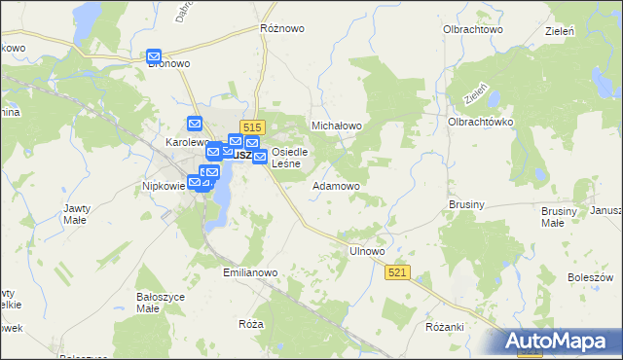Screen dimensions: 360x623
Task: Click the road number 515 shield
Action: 253,127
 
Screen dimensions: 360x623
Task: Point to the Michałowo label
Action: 336,126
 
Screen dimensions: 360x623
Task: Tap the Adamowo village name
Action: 337,185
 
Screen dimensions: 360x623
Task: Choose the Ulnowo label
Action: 367,251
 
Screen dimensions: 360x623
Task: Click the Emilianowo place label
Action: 251,273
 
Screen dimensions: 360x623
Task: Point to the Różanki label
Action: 444,327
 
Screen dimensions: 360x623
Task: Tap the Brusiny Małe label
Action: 559,216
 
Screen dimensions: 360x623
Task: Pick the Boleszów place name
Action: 588,277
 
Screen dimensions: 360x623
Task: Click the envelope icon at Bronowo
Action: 154,57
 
